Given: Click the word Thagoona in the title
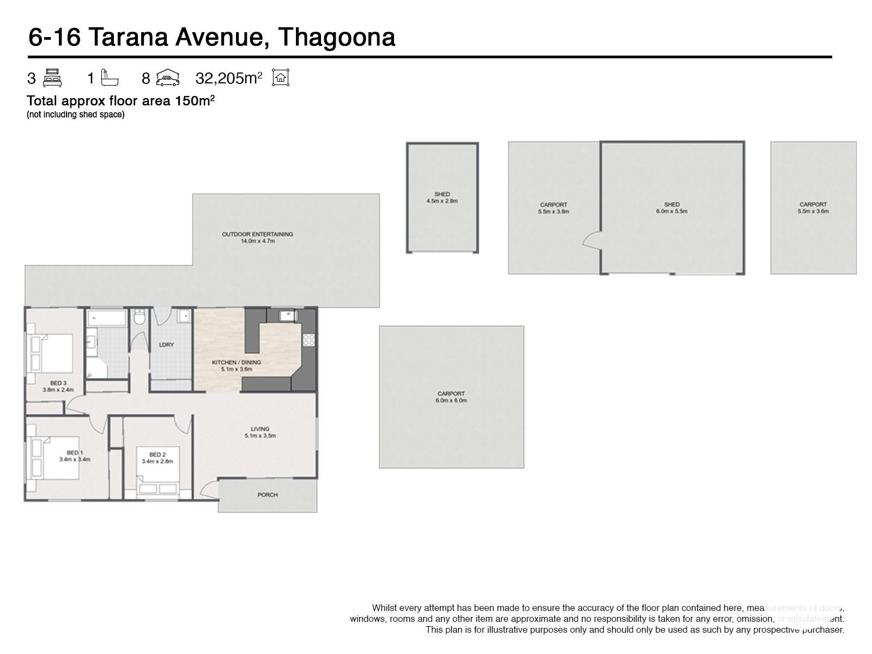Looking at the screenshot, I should (x=336, y=37).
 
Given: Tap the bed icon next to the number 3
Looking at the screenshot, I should (x=52, y=78).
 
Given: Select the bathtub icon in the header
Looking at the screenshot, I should (x=110, y=77).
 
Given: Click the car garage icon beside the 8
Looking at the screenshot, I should (x=168, y=78).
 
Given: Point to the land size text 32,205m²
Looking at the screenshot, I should (x=228, y=78).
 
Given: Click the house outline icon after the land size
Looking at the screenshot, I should (x=281, y=77).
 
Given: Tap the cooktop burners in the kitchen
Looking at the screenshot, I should (x=309, y=340).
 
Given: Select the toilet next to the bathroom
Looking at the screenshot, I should (x=140, y=317).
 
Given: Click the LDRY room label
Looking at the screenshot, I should (x=166, y=344).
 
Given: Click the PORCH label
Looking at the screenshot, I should (x=267, y=495).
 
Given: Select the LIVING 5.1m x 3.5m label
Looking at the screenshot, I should (x=260, y=432).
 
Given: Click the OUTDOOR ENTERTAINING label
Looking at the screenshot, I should (x=257, y=234).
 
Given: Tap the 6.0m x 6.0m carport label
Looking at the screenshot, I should (x=451, y=400).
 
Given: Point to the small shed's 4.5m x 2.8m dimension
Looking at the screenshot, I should (x=442, y=201).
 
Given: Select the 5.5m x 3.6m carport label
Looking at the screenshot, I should (x=813, y=211).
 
